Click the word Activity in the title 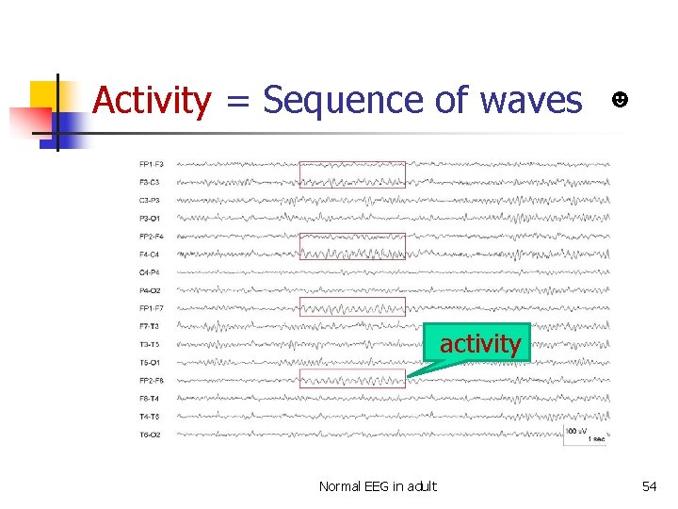pyautogui.click(x=152, y=100)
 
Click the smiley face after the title pyautogui.click(x=621, y=99)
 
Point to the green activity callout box pyautogui.click(x=480, y=344)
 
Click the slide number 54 pyautogui.click(x=649, y=486)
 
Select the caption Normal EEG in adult pyautogui.click(x=378, y=486)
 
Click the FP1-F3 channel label pyautogui.click(x=151, y=164)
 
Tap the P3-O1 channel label pyautogui.click(x=151, y=219)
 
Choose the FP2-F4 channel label pyautogui.click(x=151, y=237)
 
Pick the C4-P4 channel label pyautogui.click(x=151, y=272)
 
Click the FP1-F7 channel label pyautogui.click(x=151, y=308)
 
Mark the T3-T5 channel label pyautogui.click(x=151, y=344)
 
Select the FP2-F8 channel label pyautogui.click(x=151, y=381)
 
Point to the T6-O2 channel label pyautogui.click(x=151, y=435)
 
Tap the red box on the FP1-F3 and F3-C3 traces pyautogui.click(x=352, y=174)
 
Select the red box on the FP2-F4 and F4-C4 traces pyautogui.click(x=352, y=246)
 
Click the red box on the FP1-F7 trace pyautogui.click(x=352, y=306)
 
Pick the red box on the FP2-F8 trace pyautogui.click(x=352, y=379)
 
